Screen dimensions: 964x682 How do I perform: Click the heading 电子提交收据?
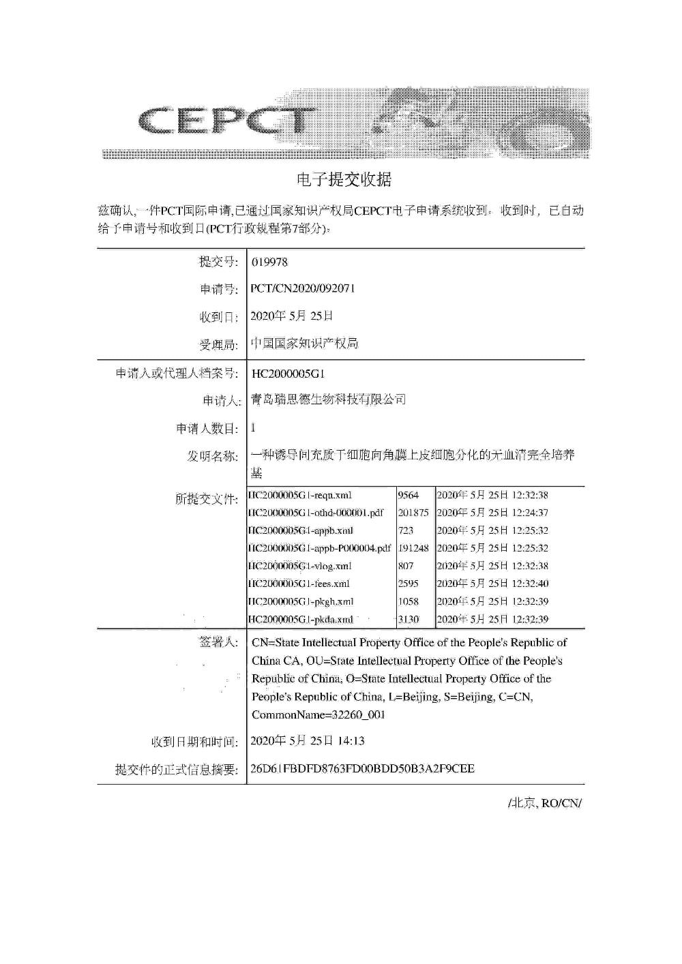(x=344, y=180)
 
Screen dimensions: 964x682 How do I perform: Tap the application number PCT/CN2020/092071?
(x=303, y=288)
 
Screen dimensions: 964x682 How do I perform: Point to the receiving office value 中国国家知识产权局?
(x=304, y=344)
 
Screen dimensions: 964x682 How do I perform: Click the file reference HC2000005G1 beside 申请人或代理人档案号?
(x=288, y=374)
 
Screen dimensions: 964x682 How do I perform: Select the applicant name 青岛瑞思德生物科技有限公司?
(x=328, y=400)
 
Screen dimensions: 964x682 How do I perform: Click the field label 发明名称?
(x=212, y=456)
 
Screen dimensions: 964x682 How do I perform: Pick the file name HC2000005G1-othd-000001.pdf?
(x=316, y=513)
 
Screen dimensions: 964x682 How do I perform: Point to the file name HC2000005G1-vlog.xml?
(x=300, y=566)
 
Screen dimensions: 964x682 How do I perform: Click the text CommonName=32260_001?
(x=318, y=715)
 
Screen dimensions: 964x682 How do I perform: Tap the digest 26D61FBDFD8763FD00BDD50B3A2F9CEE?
(x=363, y=768)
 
